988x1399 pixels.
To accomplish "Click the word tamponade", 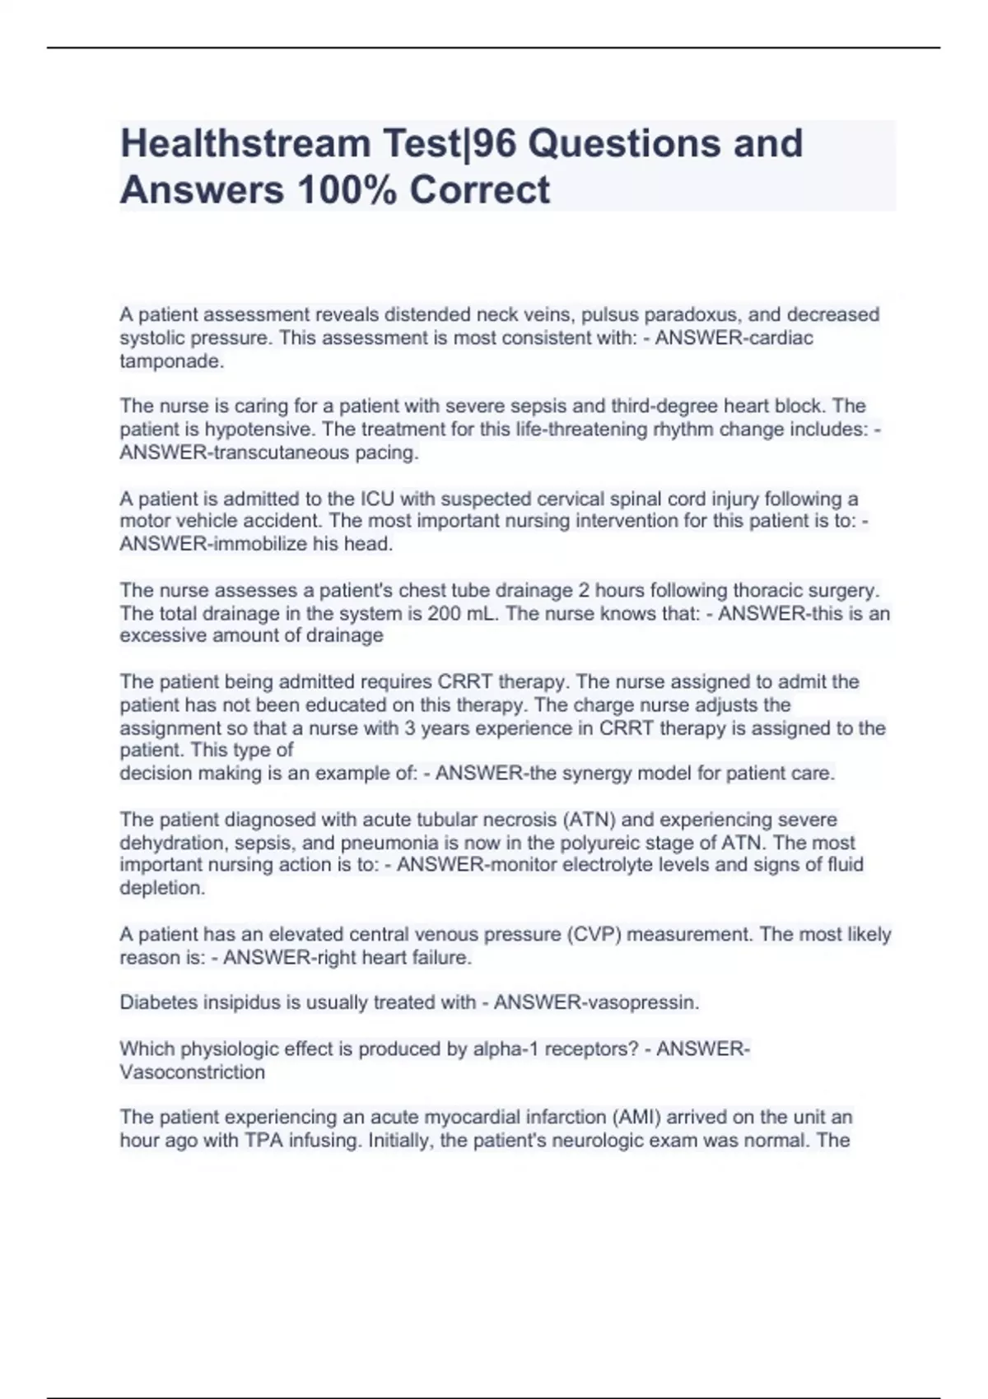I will click(x=171, y=361).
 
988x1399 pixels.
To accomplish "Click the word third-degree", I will click(x=664, y=406).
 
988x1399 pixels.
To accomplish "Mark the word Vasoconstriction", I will click(x=192, y=1072).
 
